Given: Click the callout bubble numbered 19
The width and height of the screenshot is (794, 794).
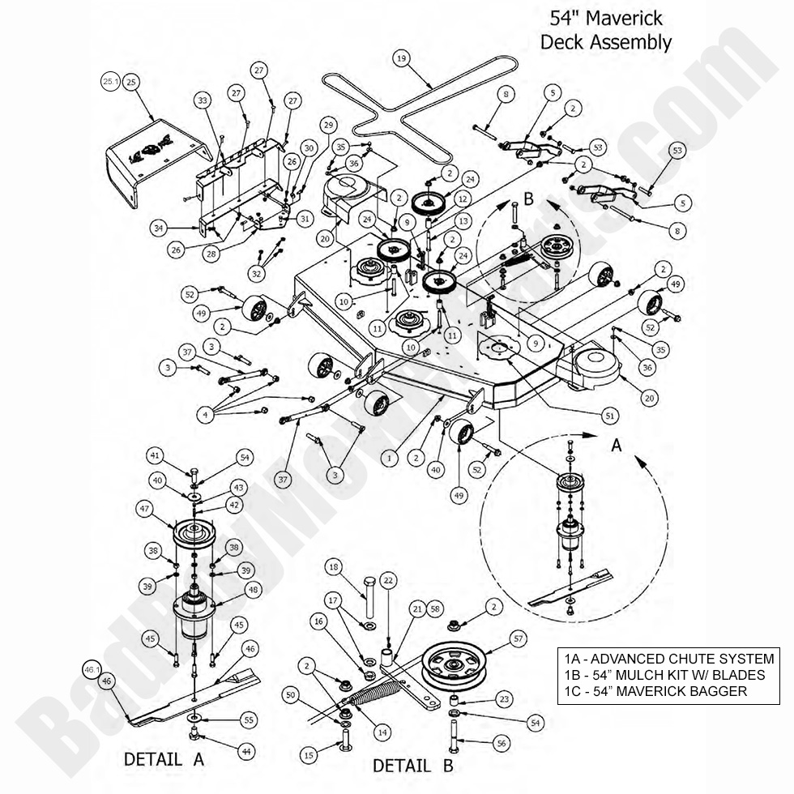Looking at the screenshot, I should [400, 58].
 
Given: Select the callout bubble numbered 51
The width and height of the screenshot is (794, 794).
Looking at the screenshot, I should [610, 415].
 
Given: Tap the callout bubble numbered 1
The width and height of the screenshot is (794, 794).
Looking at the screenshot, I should [389, 459].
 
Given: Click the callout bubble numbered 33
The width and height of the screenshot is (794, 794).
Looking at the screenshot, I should [203, 100].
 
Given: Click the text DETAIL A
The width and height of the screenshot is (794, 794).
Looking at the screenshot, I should [164, 760].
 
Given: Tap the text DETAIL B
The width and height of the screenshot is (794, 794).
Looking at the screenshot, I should [412, 765].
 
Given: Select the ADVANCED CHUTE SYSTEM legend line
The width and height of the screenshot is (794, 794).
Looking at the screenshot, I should [667, 659].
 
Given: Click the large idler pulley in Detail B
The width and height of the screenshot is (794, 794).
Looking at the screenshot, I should [457, 664].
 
